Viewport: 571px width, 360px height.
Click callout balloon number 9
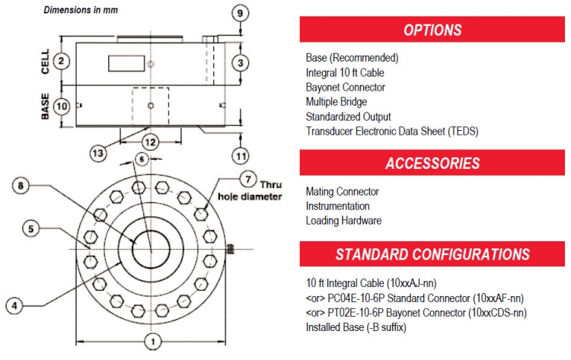[240, 14]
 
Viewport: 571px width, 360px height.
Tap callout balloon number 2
[63, 60]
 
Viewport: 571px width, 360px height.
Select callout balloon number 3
[240, 62]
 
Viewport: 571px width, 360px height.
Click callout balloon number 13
[98, 152]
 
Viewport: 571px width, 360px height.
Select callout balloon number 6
[141, 158]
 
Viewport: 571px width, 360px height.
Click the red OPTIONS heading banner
[432, 30]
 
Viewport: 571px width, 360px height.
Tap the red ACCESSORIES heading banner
[432, 163]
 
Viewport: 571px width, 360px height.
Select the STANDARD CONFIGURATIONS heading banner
[432, 254]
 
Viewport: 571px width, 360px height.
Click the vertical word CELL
[45, 61]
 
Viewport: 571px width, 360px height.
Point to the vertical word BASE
[45, 106]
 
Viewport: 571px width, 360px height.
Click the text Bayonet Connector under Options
[345, 87]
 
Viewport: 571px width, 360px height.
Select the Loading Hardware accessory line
[343, 221]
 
